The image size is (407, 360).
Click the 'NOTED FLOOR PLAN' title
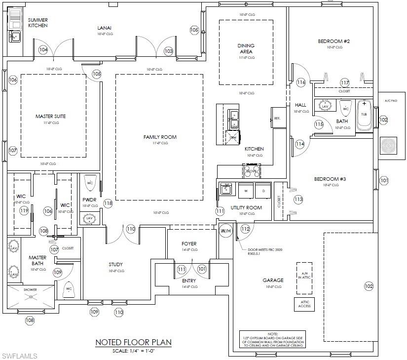(x=133, y=342)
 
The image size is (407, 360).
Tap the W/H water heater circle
(x=225, y=231)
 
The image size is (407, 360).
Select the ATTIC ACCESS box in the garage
(x=304, y=304)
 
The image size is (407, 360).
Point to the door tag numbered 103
(x=169, y=51)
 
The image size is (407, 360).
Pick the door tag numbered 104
(x=43, y=50)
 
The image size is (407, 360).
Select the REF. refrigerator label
(x=277, y=118)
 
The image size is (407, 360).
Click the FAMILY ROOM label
(x=159, y=137)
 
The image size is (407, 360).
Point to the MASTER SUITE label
(x=50, y=117)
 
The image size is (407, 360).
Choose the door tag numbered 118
(x=108, y=203)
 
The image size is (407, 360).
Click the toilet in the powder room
(x=90, y=182)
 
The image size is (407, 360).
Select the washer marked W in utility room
(x=245, y=191)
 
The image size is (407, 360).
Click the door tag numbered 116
(x=301, y=82)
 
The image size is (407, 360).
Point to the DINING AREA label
(x=246, y=48)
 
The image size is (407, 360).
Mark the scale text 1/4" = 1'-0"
(x=133, y=351)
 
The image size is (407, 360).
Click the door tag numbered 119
(x=24, y=211)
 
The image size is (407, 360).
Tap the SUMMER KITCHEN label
(x=37, y=23)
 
